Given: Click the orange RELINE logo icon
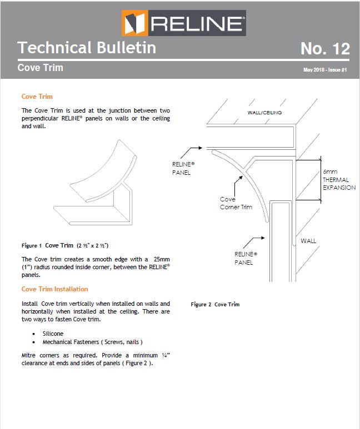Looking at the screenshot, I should click(134, 23).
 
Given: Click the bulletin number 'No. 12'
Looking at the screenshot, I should click(325, 49).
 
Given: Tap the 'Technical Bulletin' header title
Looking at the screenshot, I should click(87, 48).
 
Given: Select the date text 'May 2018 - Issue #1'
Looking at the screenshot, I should click(325, 70).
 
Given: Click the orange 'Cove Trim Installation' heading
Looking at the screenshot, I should click(54, 289).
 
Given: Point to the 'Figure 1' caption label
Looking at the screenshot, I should click(32, 245).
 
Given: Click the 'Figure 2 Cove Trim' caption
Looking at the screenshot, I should click(215, 304).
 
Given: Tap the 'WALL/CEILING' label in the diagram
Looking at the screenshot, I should click(264, 113).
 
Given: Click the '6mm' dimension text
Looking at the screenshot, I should click(330, 172).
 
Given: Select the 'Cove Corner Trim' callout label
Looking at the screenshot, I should click(236, 203).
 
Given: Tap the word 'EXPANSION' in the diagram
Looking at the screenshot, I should click(339, 188).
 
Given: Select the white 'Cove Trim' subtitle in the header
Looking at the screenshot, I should click(41, 68).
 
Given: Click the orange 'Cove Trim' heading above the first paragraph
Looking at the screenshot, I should click(37, 97).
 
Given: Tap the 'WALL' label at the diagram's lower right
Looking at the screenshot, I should click(308, 241).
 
